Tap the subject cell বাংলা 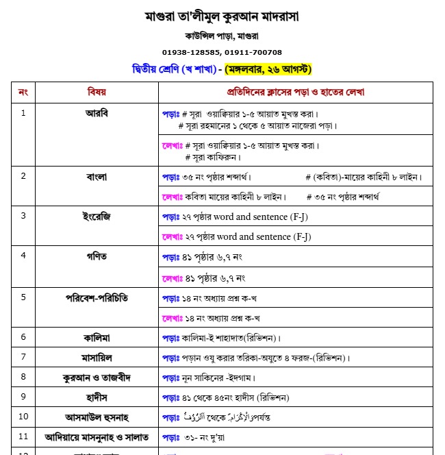click(x=97, y=176)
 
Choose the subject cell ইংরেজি click(x=97, y=216)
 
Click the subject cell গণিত click(x=97, y=256)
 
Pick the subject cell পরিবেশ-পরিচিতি click(x=97, y=297)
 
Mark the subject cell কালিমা click(x=97, y=337)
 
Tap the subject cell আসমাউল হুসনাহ click(x=97, y=416)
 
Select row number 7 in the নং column click(x=23, y=357)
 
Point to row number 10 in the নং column click(x=23, y=416)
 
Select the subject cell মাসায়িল click(x=97, y=357)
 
